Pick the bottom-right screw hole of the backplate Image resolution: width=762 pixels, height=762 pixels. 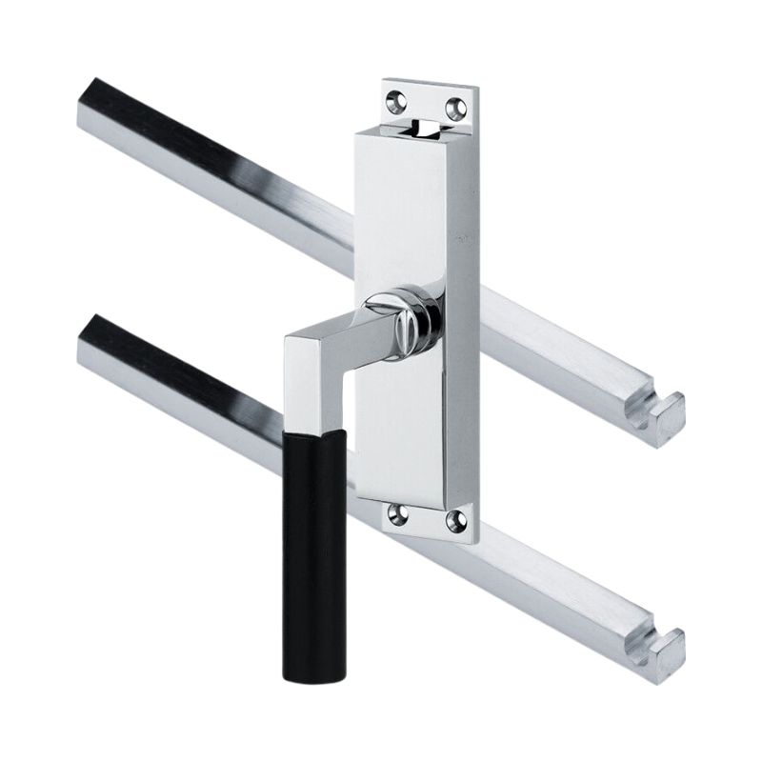pos(456,520)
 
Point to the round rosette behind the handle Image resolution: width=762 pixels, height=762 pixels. pos(419,320)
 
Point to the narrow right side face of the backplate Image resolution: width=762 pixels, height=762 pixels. pos(466,314)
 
